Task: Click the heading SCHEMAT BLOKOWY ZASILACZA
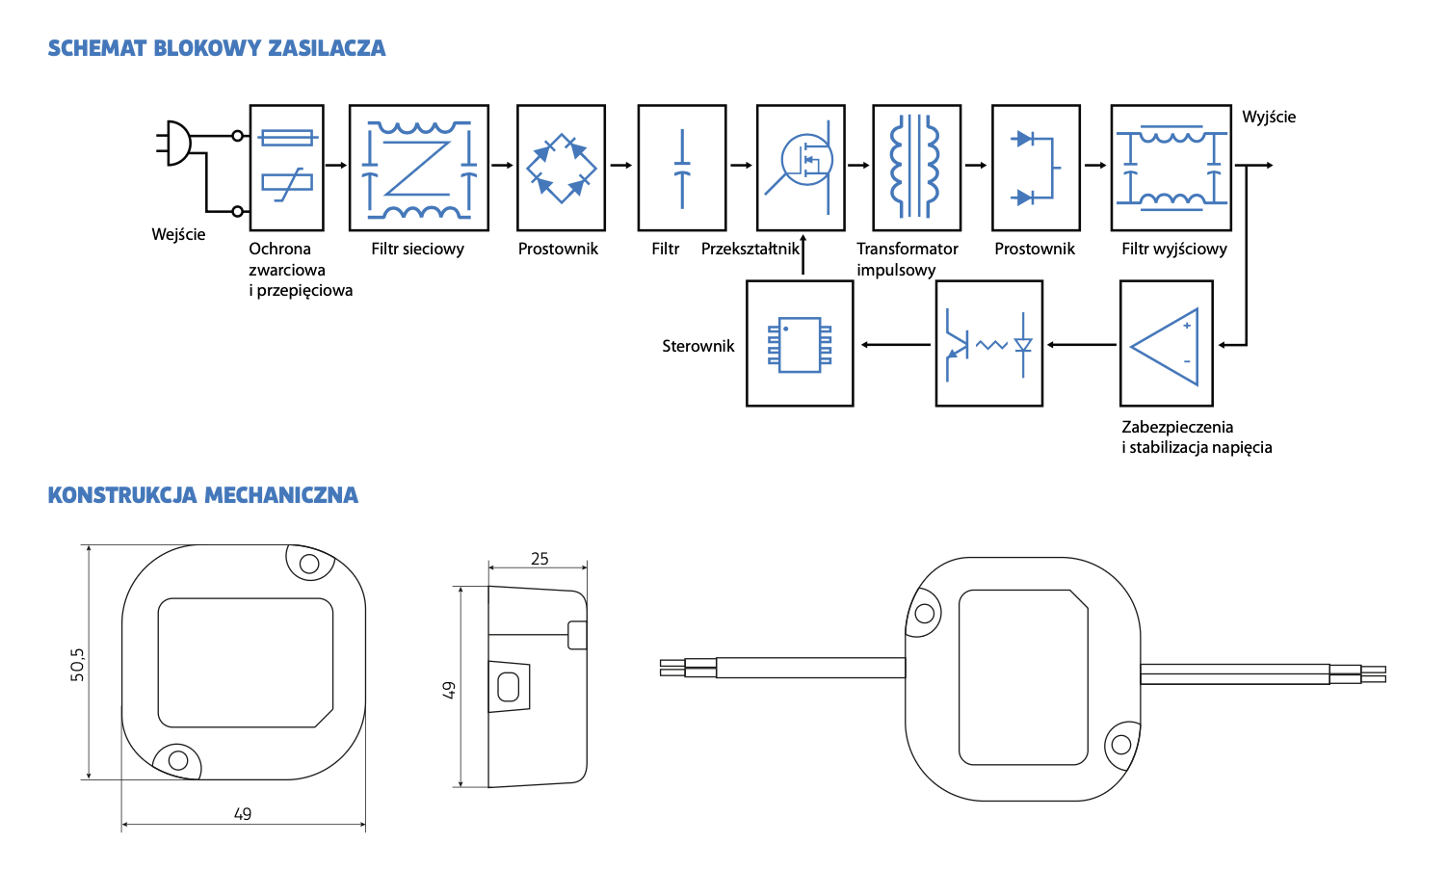217,48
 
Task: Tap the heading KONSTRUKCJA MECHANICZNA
203,495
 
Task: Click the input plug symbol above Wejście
177,143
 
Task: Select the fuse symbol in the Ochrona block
287,138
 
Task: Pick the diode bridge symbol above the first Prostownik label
561,168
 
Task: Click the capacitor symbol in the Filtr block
682,168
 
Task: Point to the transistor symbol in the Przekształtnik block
806,160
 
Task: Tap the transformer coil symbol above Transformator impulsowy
916,167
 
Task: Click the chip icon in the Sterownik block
800,344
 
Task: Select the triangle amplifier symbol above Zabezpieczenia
1166,345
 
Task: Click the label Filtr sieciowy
417,249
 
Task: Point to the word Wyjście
1269,117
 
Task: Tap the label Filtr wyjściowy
1173,249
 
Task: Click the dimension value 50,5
77,665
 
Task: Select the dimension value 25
539,559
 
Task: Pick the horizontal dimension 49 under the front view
243,814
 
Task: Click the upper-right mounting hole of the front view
309,564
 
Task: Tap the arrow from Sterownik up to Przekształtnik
802,256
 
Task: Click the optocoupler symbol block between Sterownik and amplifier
989,344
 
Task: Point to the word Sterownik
697,346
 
